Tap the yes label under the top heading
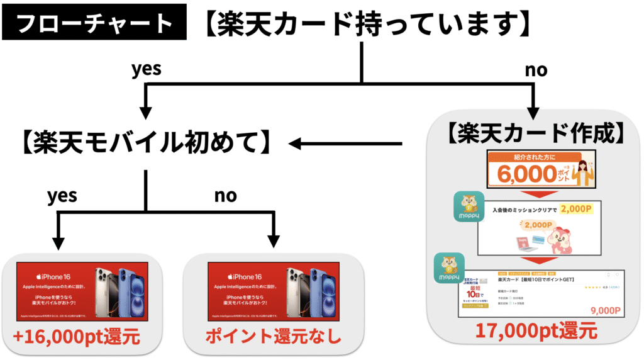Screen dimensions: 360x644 pyautogui.click(x=146, y=69)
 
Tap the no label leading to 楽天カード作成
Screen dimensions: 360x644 pyautogui.click(x=536, y=69)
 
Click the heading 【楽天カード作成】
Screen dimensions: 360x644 pyautogui.click(x=536, y=134)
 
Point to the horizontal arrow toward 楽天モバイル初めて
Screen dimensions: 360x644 pyautogui.click(x=346, y=145)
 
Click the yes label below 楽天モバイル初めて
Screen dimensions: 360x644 pyautogui.click(x=62, y=196)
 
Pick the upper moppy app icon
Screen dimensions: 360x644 pyautogui.click(x=469, y=206)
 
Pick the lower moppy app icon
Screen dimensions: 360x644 pyautogui.click(x=448, y=269)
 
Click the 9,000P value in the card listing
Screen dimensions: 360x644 pyautogui.click(x=606, y=310)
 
